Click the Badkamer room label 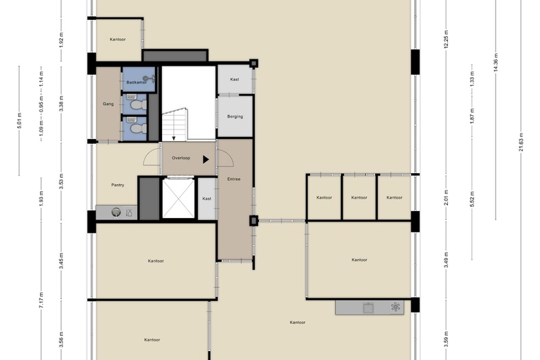(136, 82)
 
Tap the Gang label (108, 104)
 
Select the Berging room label (235, 116)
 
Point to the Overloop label (181, 158)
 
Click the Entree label (234, 179)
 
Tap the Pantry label (118, 185)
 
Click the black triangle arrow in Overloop (206, 159)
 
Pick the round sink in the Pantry (116, 213)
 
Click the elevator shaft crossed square (178, 199)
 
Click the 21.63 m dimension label (521, 142)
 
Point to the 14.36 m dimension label (496, 63)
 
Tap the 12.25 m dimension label (446, 39)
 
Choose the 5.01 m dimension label (19, 120)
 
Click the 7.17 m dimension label (41, 300)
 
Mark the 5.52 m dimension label (472, 199)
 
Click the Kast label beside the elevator (206, 199)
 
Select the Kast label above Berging (235, 79)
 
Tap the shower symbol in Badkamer (150, 79)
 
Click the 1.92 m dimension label (62, 40)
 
